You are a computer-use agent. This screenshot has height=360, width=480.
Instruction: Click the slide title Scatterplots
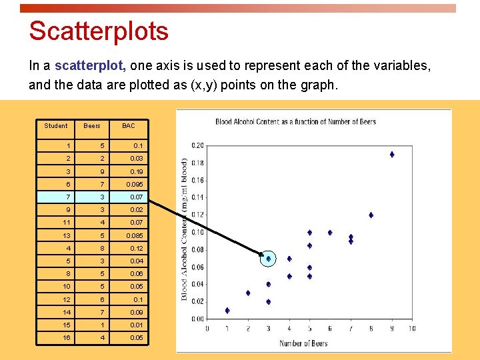99,31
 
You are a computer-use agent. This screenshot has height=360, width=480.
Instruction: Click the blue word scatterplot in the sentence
91,66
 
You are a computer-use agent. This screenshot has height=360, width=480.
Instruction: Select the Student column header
56,125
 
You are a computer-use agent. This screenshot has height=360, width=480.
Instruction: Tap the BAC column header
128,125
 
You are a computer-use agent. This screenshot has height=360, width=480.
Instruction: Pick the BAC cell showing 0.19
136,171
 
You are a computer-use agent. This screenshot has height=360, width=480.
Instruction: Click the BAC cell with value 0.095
134,184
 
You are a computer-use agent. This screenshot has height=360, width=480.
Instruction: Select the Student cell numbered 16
67,338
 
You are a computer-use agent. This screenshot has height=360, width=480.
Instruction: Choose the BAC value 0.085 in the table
134,235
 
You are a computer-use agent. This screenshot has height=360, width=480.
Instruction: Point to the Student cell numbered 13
67,235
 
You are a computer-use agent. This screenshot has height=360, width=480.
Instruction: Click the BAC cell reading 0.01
136,325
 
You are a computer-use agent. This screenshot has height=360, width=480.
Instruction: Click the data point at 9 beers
392,154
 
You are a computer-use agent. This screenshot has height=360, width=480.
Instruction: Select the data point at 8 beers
371,215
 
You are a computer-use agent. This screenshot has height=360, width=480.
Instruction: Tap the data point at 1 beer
227,310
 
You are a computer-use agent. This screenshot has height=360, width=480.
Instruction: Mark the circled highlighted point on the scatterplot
269,259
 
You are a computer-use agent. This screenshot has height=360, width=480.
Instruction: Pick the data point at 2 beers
248,293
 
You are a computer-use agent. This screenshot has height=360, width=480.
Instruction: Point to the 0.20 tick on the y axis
197,145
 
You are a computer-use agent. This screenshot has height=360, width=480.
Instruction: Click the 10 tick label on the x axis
411,328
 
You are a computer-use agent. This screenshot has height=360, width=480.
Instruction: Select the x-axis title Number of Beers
303,343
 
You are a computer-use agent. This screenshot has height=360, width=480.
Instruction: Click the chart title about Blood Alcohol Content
295,121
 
